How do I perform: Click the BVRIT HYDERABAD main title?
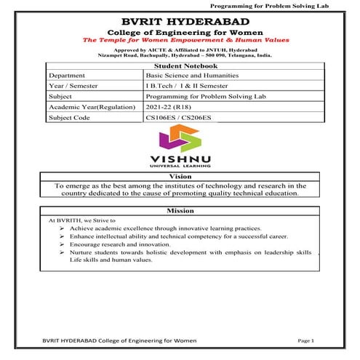pyautogui.click(x=181, y=21)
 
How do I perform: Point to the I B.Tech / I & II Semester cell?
pyautogui.click(x=189, y=86)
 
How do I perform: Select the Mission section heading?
pyautogui.click(x=180, y=210)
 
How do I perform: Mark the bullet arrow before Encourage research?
pyautogui.click(x=63, y=245)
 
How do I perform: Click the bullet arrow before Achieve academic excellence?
pyautogui.click(x=63, y=227)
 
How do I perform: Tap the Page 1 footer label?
pyautogui.click(x=305, y=341)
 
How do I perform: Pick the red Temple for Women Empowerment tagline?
pyautogui.click(x=181, y=41)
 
